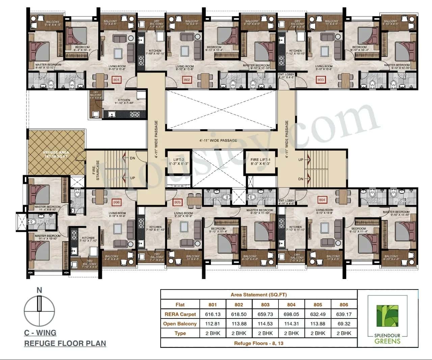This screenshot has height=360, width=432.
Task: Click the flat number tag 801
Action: click(x=116, y=80)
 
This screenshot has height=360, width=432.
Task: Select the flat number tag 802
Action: click(x=187, y=80)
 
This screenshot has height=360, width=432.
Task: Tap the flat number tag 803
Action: click(x=320, y=80)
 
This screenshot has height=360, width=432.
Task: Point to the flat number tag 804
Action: click(x=322, y=200)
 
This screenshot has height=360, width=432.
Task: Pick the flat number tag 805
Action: click(x=177, y=202)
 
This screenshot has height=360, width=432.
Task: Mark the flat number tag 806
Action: click(x=116, y=202)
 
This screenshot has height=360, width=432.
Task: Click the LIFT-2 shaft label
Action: click(x=179, y=161)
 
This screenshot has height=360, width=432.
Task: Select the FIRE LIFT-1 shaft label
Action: click(x=261, y=161)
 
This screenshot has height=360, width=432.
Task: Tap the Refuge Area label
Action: click(x=56, y=155)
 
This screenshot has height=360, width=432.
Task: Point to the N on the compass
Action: click(x=39, y=290)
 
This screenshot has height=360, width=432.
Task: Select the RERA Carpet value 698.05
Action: click(x=291, y=314)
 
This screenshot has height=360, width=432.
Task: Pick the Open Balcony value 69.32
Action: click(x=344, y=324)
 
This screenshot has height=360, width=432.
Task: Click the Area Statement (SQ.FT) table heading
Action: click(x=259, y=295)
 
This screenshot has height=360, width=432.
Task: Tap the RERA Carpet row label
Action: click(x=180, y=314)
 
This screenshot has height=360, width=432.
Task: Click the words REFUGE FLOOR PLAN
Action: click(x=65, y=343)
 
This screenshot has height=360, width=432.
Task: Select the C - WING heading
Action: click(x=40, y=333)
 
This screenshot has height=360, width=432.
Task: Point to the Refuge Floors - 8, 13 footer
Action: click(x=259, y=343)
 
